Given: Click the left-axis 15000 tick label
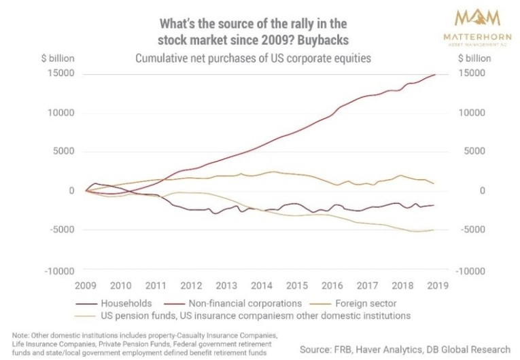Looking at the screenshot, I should coord(59,73).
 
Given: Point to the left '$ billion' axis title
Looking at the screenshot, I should coord(57,59).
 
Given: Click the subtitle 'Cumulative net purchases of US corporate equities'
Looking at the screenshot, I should coord(254,58).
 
